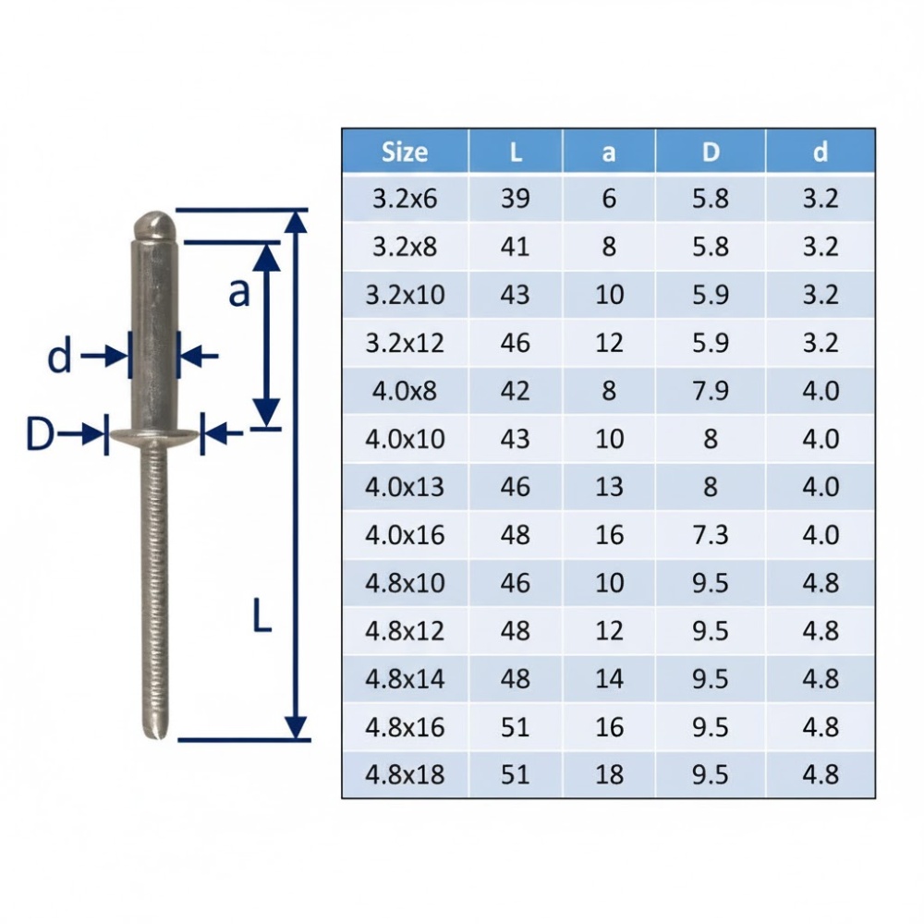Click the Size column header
click(x=405, y=152)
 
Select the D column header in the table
click(x=710, y=152)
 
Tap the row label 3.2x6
click(x=405, y=199)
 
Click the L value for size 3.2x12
click(x=515, y=343)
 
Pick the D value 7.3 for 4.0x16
click(x=710, y=535)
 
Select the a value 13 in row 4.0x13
click(x=609, y=487)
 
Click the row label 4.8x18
click(x=405, y=774)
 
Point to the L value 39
click(x=515, y=199)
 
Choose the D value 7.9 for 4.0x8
click(x=710, y=391)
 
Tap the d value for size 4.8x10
click(x=820, y=583)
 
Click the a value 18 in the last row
click(x=609, y=774)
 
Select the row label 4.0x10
click(x=405, y=439)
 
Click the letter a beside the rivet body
click(x=238, y=292)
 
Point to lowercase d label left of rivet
click(x=59, y=356)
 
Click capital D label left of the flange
click(x=40, y=433)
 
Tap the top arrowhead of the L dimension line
click(x=296, y=222)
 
